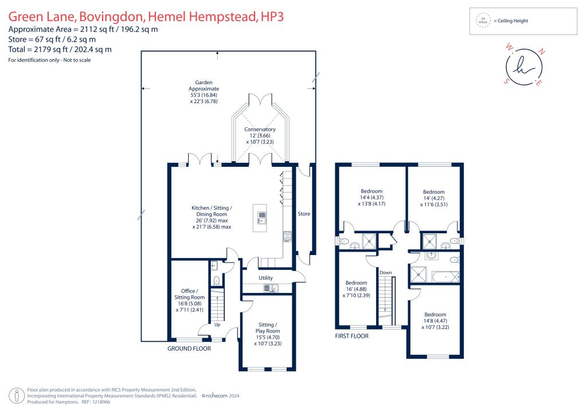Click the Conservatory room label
pos(260,130)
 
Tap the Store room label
pos(304,214)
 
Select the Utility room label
pos(265,278)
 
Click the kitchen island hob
pos(262,217)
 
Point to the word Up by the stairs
pos(217,325)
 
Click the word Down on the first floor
pos(386,272)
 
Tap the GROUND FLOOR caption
pos(189,349)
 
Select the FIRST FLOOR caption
pos(351,336)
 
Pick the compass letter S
pos(506,81)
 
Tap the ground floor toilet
pos(217,281)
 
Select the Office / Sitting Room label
pos(190,294)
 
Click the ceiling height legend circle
pos(483,21)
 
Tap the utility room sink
pos(273,288)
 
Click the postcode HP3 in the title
pos(271,17)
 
